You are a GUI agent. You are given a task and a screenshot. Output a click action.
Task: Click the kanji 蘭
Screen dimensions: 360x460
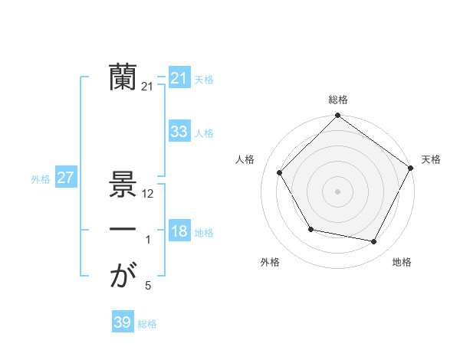pos(123,77)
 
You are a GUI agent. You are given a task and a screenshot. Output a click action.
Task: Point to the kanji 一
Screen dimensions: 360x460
pos(123,230)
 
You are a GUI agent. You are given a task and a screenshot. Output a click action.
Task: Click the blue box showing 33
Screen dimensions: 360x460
pos(179,132)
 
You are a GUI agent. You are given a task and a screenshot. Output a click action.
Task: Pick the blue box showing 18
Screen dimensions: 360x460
pos(179,231)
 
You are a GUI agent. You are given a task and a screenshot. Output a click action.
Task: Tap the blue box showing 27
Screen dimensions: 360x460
pos(65,178)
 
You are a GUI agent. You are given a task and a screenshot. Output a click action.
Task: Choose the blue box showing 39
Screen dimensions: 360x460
pos(122,322)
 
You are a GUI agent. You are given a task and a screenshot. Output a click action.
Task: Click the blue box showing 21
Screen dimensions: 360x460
pos(179,78)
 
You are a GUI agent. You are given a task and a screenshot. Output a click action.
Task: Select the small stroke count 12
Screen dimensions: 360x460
pos(149,195)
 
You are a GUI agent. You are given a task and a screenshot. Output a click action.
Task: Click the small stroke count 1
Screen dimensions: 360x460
pos(148,241)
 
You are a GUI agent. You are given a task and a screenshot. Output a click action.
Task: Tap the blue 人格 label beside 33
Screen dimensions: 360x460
pos(204,133)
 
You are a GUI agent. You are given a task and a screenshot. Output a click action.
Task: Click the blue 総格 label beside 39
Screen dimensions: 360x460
pos(147,324)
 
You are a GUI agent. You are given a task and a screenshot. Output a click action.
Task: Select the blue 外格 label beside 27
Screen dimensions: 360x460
pos(41,179)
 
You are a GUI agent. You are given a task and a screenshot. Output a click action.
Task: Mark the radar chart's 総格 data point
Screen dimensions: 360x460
pos(337,116)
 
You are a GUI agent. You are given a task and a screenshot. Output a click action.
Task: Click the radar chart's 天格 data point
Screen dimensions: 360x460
pos(410,168)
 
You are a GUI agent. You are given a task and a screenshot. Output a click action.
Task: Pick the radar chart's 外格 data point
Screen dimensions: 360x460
pos(310,229)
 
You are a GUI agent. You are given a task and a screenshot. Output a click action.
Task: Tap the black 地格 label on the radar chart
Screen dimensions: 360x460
pos(402,263)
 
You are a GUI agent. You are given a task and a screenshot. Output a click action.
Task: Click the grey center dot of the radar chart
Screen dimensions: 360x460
pos(337,191)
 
